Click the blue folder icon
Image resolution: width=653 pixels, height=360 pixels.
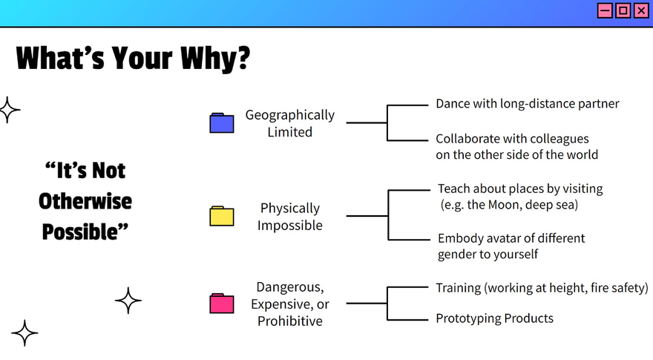222,123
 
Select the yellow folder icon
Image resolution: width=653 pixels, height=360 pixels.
222,216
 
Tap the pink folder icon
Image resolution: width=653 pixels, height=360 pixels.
222,303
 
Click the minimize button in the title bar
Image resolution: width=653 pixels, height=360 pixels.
605,10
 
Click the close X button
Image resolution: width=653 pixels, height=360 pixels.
641,10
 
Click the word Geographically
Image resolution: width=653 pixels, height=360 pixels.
290,115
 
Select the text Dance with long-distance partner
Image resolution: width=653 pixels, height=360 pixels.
528,104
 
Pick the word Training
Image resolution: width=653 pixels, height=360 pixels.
458,288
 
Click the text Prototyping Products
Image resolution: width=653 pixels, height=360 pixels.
494,318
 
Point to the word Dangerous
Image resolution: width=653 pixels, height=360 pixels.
290,287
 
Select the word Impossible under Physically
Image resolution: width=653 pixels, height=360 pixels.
290,226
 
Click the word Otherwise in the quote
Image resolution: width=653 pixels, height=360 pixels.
85,201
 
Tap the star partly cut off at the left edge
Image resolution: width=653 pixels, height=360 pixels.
9,110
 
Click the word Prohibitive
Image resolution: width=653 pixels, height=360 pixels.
290,321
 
